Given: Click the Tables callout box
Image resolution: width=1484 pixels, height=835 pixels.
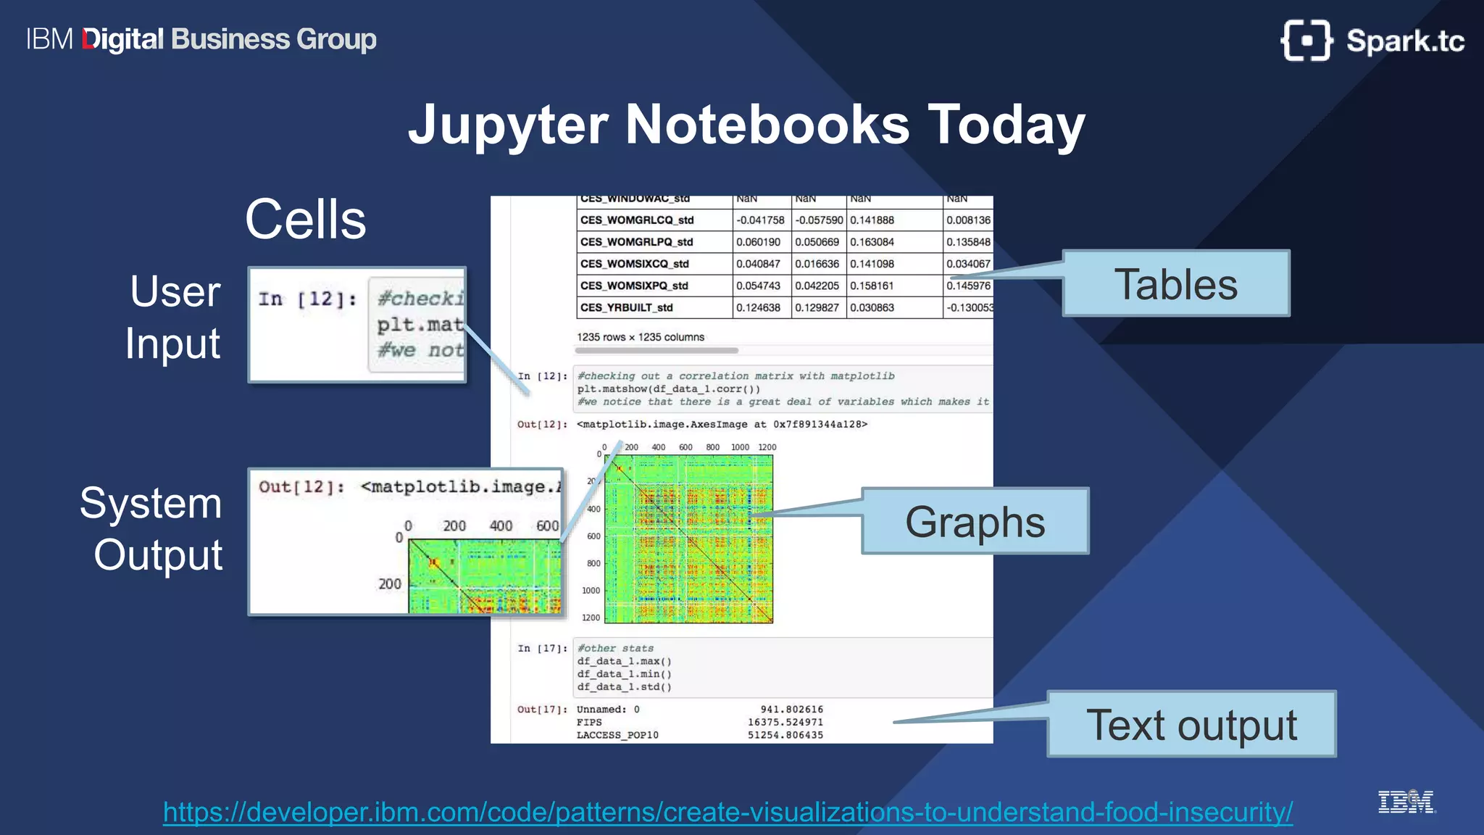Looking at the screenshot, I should (x=1175, y=283).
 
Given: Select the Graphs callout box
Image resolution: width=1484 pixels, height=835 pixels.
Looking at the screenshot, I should (x=975, y=521).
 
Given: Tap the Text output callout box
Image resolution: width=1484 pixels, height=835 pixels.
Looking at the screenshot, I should (x=1191, y=724).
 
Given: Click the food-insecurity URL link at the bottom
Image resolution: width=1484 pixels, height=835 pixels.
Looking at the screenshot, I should (x=728, y=812).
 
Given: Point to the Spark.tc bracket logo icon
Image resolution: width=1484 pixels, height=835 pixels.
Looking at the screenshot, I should (x=1306, y=41).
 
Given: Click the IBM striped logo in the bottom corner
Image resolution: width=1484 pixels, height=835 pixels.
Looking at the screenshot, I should (x=1405, y=802).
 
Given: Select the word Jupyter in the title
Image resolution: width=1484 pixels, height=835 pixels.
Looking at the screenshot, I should (x=507, y=125).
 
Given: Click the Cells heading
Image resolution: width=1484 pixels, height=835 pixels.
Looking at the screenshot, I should (x=306, y=219).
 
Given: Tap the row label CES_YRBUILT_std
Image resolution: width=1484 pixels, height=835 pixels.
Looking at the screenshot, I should (x=626, y=307).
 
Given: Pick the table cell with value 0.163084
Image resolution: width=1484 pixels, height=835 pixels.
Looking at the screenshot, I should (x=872, y=242).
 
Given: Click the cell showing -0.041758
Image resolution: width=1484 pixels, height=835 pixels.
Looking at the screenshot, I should (x=760, y=220).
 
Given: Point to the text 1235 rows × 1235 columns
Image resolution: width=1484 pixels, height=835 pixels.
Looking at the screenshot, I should (x=641, y=337).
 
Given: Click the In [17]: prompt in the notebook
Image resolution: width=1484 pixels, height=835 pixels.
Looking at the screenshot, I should (x=542, y=649).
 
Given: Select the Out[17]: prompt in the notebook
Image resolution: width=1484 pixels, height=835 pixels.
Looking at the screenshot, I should (x=542, y=710).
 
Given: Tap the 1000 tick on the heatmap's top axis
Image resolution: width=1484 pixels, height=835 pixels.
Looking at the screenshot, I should (x=740, y=447).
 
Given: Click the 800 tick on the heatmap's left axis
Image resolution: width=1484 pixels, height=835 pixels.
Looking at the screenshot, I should (x=593, y=563).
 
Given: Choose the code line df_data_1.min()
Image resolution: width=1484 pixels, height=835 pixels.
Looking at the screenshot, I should (x=624, y=674).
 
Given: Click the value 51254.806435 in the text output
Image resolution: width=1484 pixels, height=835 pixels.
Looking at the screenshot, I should (x=785, y=735).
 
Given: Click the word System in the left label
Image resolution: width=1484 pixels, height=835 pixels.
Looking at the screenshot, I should (x=151, y=503).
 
